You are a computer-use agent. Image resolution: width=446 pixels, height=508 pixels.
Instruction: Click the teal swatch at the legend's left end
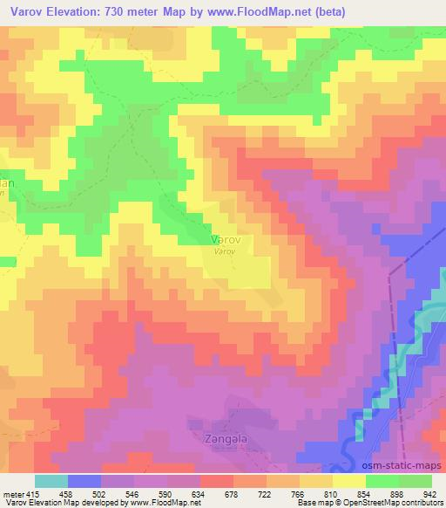coord(51,481)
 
